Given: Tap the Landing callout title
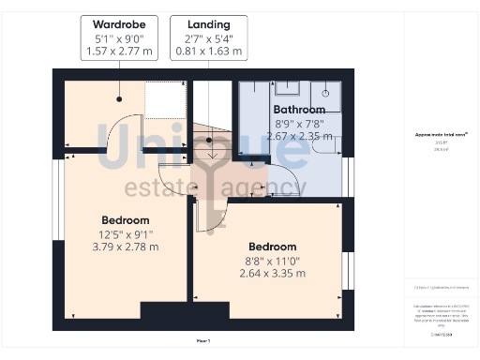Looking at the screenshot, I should coord(209,23).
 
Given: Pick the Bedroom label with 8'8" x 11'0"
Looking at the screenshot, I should coord(272,247).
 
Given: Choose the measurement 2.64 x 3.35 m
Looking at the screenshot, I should coord(272,273).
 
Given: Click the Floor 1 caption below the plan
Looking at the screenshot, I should coord(203,340).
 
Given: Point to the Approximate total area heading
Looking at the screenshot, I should coord(442,135).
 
